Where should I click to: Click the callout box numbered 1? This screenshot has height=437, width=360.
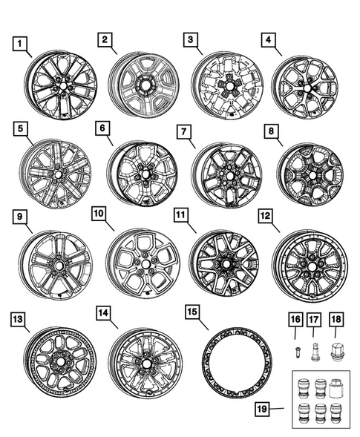(x=23, y=42)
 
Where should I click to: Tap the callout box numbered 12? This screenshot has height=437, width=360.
(x=264, y=216)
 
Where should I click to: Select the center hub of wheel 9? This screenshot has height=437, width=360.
(x=55, y=263)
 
